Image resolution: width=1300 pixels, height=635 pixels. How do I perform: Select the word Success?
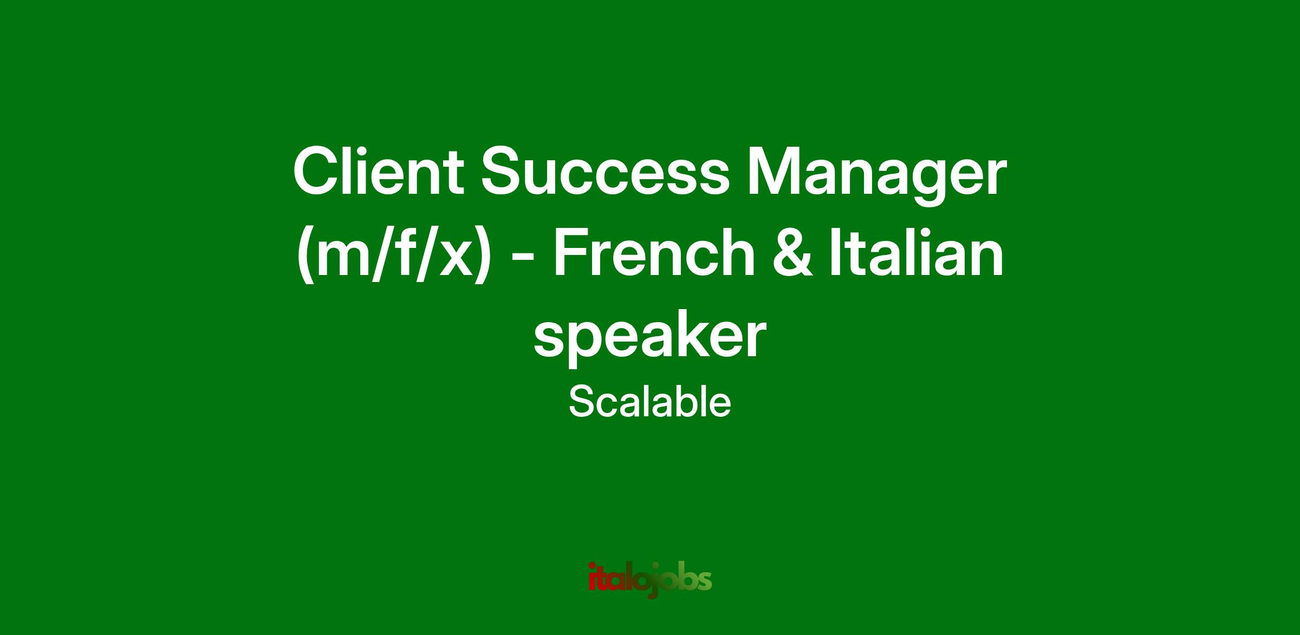click(x=606, y=173)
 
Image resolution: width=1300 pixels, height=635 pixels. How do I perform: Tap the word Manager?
click(x=876, y=178)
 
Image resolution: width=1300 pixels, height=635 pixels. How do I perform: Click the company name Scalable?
click(x=650, y=403)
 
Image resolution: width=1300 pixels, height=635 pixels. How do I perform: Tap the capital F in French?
click(x=573, y=252)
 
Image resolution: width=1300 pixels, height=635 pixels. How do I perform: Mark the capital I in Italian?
click(x=835, y=252)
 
